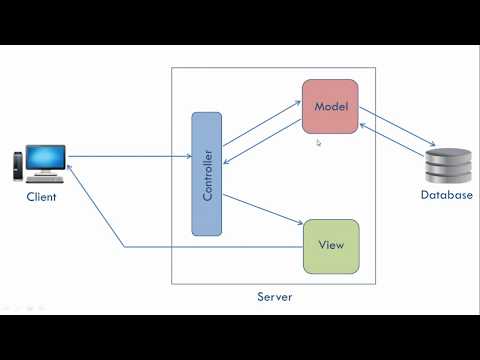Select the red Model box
(x=330, y=106)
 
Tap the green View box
(x=330, y=245)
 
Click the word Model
(x=330, y=106)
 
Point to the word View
(x=331, y=245)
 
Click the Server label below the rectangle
(x=274, y=297)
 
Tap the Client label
(x=42, y=197)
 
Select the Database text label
(x=446, y=195)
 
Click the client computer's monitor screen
(x=46, y=158)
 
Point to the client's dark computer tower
(x=17, y=168)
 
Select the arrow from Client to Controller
(x=130, y=156)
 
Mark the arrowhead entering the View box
(x=299, y=224)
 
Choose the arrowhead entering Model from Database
(x=362, y=120)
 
